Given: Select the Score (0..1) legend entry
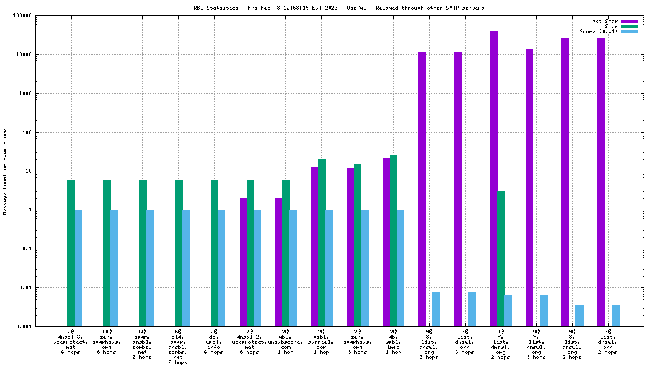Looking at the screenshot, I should click(598, 31).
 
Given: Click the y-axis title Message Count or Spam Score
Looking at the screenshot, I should click(6, 171).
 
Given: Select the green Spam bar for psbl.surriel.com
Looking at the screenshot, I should click(322, 243).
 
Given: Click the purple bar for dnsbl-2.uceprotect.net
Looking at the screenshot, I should click(243, 262).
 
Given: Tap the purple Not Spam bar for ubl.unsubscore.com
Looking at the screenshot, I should click(279, 262).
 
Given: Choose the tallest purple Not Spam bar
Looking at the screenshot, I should click(494, 178).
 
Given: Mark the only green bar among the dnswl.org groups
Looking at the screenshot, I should click(501, 258).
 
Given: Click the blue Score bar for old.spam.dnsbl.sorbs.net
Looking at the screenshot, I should click(186, 268).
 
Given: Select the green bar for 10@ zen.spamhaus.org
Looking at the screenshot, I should click(107, 253).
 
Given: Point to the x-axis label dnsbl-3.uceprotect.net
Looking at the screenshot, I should click(71, 342).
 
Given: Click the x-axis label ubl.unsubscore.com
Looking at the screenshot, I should click(285, 342).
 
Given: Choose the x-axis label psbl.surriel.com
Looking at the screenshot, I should click(321, 342).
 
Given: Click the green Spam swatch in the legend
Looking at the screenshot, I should click(629, 26).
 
